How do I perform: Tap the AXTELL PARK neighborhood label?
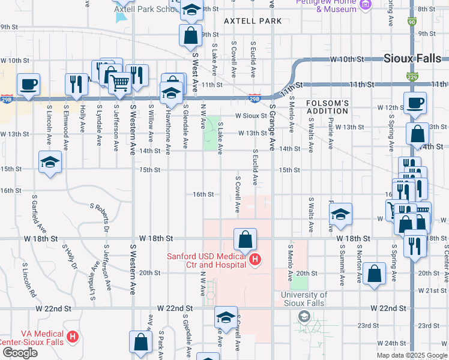[253, 21]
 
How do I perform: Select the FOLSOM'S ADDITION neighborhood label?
[327, 107]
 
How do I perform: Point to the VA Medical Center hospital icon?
[73, 336]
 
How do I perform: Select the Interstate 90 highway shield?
[411, 22]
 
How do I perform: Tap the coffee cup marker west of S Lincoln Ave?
[28, 83]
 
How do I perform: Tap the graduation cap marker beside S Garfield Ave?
[50, 162]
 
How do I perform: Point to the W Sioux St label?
[251, 115]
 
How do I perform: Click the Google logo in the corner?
[20, 353]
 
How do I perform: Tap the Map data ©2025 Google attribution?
[412, 355]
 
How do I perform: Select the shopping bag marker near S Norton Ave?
[374, 274]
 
